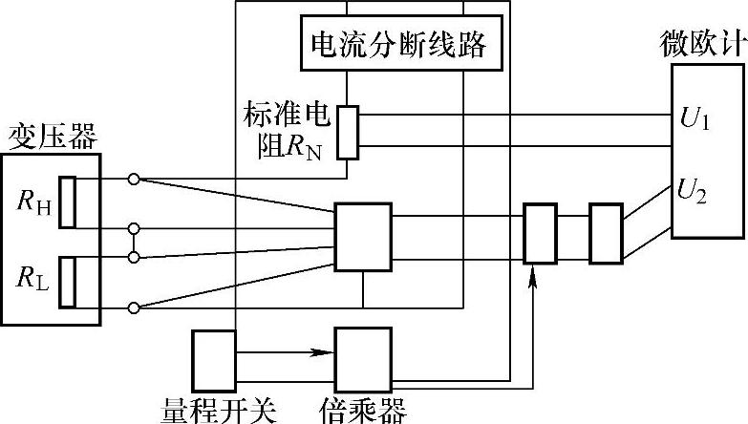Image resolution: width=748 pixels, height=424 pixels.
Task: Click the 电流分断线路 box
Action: click(397, 44)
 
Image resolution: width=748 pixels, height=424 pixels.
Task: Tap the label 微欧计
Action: click(699, 44)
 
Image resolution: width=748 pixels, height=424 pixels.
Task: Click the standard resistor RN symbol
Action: click(350, 131)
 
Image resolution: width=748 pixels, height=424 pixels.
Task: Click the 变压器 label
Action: click(53, 136)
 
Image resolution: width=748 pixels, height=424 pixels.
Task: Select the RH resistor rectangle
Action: click(67, 201)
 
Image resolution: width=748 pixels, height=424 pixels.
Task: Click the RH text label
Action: click(32, 201)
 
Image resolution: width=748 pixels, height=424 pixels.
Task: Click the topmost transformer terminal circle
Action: click(134, 179)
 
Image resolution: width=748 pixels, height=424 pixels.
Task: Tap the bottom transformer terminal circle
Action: click(134, 307)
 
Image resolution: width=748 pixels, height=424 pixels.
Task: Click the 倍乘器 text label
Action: click(363, 411)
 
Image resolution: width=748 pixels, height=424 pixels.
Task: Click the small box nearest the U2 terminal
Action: click(606, 232)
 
